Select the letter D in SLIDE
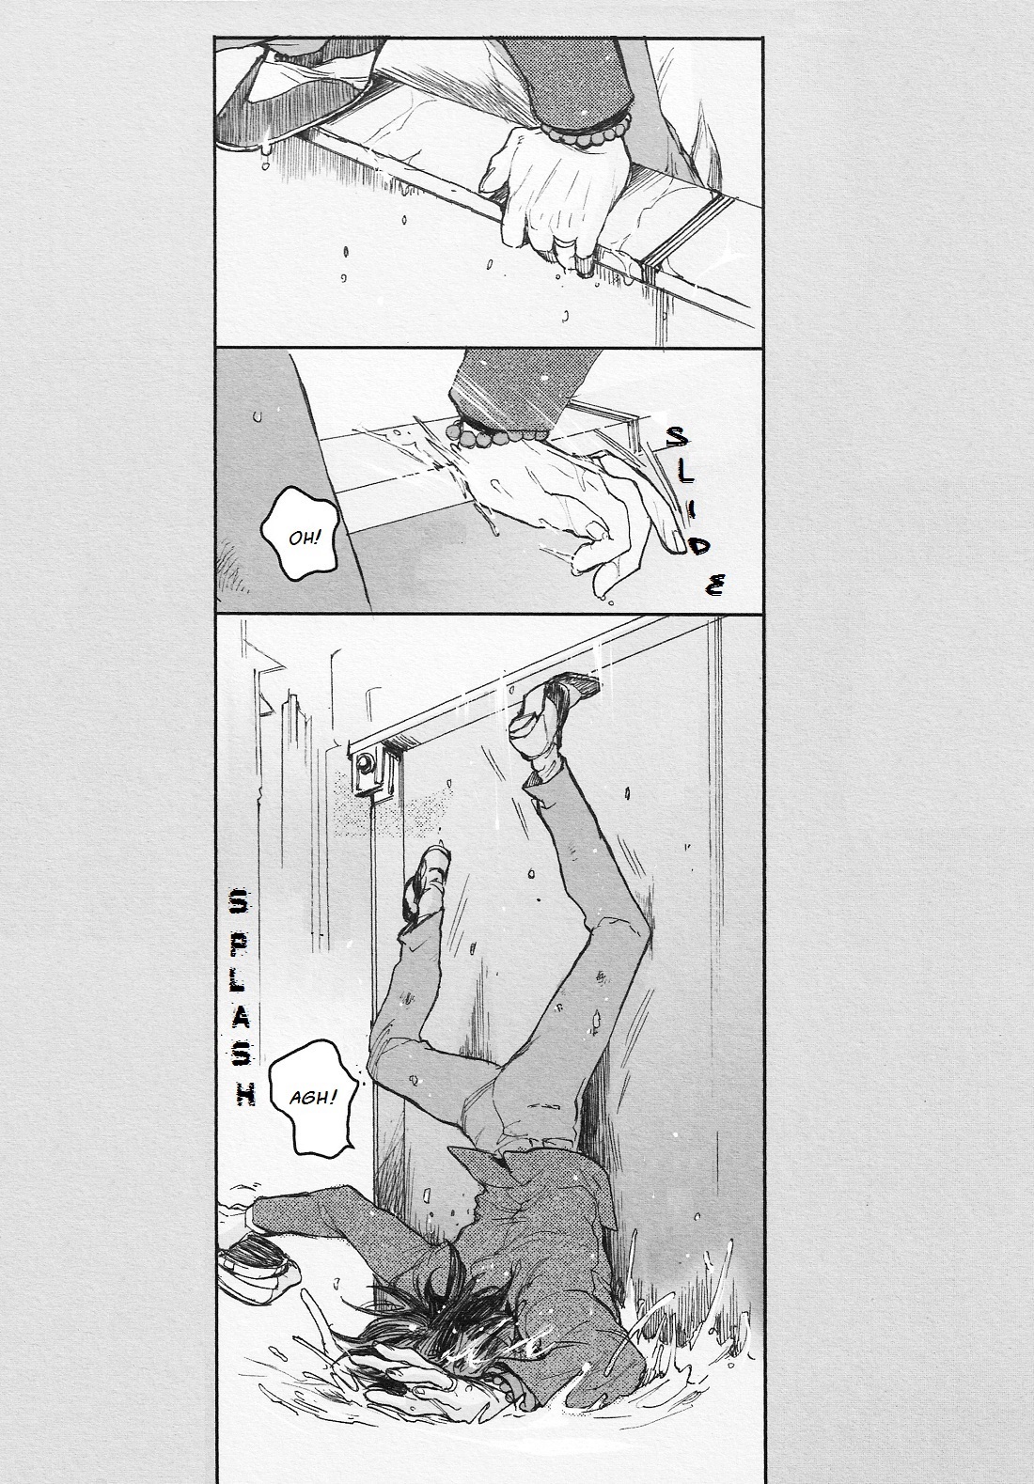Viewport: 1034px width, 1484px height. point(704,551)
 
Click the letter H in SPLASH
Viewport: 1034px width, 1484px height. point(244,1092)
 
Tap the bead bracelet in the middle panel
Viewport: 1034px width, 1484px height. point(493,433)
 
